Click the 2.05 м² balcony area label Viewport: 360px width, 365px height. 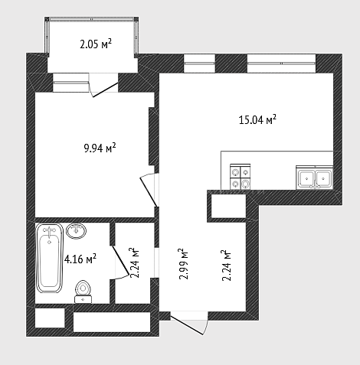coord(96,44)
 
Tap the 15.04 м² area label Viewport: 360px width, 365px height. coord(257,119)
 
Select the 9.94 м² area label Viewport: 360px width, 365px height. coord(100,148)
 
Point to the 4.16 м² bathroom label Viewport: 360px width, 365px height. coord(80,259)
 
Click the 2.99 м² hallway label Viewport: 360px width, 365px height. coord(185,264)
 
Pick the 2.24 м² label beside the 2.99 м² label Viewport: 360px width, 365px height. coord(227,266)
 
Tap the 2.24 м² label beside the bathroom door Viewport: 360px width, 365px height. coord(135,262)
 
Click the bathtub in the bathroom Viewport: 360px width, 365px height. coord(50,258)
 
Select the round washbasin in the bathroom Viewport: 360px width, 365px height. coord(76,231)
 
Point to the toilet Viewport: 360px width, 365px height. coord(83,292)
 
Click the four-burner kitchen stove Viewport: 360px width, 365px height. coord(241,177)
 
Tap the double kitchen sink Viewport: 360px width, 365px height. coord(315,178)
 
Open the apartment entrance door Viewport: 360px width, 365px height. coord(187,324)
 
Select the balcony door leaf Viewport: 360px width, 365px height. coord(105,90)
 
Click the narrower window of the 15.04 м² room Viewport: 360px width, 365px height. coord(199,64)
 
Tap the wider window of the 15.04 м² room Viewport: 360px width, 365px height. coord(281,64)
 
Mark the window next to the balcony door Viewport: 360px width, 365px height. coord(70,83)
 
